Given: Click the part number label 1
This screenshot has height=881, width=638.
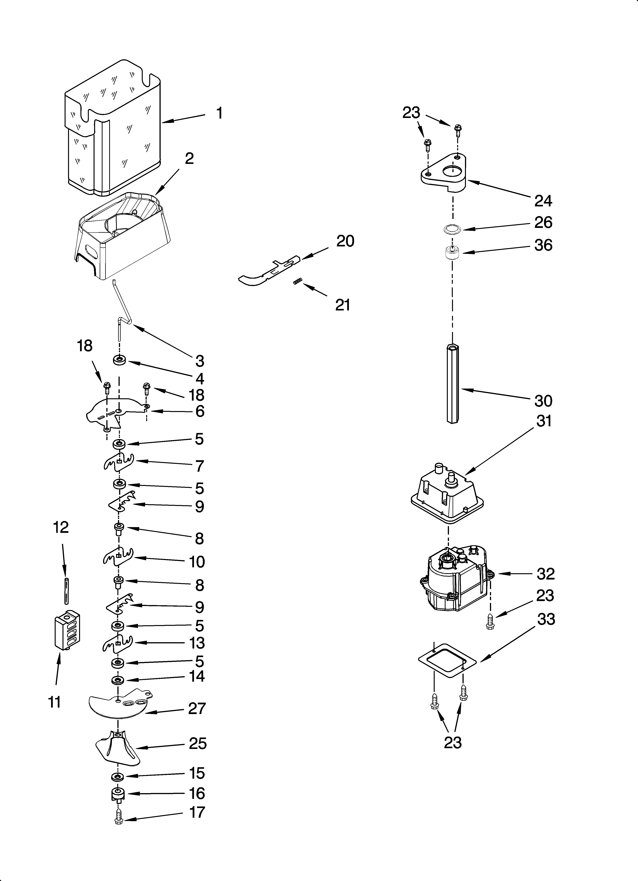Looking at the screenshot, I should point(220,113).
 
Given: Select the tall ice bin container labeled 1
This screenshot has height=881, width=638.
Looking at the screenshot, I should point(113,128).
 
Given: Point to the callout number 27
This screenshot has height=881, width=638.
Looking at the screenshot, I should point(197,709).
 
